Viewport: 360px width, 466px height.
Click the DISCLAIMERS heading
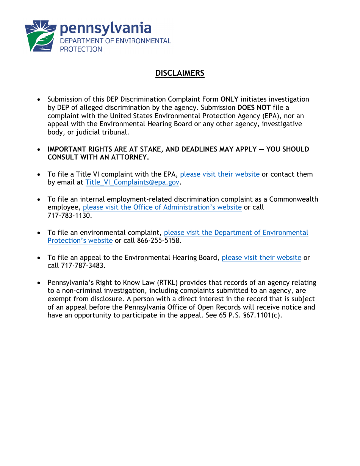click(180, 73)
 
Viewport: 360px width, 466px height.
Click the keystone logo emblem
click(41, 36)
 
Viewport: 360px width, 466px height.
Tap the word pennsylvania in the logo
click(106, 28)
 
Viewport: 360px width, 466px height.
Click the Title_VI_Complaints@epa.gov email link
click(132, 183)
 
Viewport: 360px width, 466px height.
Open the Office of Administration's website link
click(162, 208)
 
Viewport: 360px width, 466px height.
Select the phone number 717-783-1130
click(69, 216)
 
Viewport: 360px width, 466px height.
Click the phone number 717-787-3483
click(83, 266)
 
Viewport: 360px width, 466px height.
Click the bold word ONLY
click(229, 99)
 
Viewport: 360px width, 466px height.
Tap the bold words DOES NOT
click(254, 108)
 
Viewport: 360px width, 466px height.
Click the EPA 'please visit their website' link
click(220, 174)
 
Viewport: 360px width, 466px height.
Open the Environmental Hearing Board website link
click(261, 258)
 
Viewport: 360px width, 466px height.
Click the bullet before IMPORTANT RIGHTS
click(39, 150)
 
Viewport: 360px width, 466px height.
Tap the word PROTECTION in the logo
click(81, 49)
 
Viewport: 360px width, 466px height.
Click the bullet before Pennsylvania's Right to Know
click(39, 283)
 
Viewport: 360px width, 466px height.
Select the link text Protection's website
click(80, 241)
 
